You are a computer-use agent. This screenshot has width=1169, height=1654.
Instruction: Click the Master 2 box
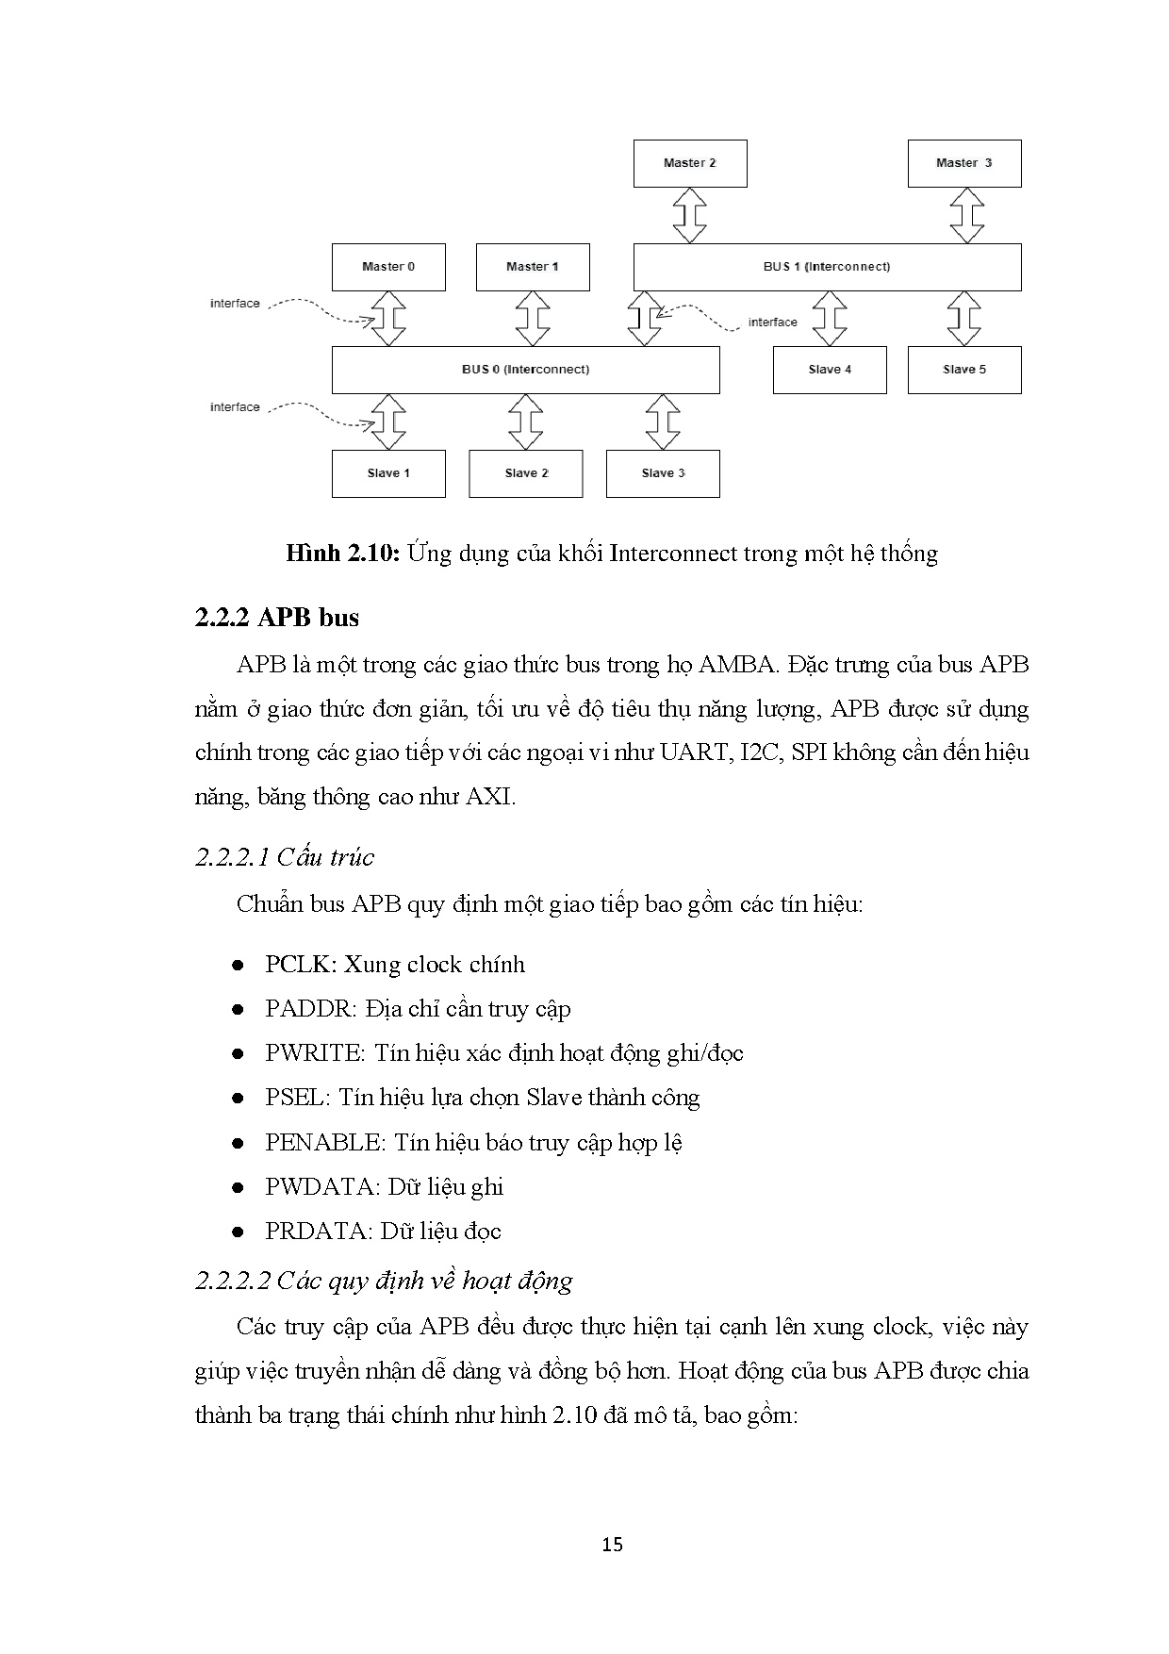coord(690,163)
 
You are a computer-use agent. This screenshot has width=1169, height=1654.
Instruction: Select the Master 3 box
coord(963,163)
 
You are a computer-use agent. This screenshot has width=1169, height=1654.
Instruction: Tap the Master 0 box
coord(388,267)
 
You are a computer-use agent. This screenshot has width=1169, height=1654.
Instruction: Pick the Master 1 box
coord(533,267)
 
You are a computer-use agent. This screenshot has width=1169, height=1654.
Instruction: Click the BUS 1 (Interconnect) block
coord(827,267)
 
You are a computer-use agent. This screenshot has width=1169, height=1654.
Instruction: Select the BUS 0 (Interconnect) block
coord(525,370)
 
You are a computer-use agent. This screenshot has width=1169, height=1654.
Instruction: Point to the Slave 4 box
coord(830,370)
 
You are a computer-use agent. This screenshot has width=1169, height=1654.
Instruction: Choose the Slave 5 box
coord(964,370)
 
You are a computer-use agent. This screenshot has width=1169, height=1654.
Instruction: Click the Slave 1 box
coord(388,473)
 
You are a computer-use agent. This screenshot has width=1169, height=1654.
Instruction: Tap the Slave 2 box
coord(526,473)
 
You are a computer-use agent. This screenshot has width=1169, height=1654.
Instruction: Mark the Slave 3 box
coord(663,473)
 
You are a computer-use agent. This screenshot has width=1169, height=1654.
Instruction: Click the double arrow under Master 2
coord(690,215)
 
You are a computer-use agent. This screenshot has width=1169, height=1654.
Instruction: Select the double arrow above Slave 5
coord(964,319)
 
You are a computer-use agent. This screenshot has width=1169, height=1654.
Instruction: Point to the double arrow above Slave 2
coord(526,422)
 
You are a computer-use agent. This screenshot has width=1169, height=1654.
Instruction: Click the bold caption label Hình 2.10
coord(344,554)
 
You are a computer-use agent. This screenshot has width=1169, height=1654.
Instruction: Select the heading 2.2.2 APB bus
coord(277,618)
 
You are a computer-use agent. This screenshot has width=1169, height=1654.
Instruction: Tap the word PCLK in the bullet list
coord(298,965)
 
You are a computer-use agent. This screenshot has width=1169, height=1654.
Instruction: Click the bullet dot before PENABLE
coord(239,1143)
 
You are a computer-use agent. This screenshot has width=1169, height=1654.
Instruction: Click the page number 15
coord(612,1545)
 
